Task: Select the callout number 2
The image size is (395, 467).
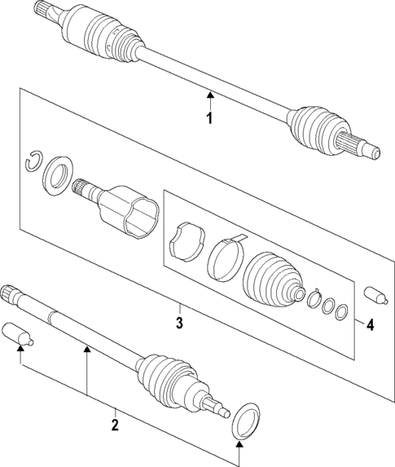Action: coord(115,424)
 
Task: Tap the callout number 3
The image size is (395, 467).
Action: coord(179,322)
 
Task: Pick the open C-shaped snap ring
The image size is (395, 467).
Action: coord(32,161)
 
